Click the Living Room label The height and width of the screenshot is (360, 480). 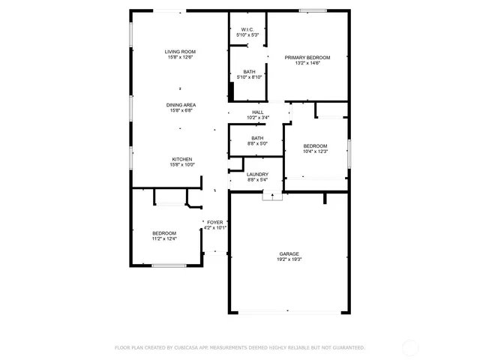pyautogui.click(x=180, y=52)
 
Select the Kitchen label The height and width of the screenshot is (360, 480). pyautogui.click(x=182, y=159)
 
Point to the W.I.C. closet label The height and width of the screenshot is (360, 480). pyautogui.click(x=247, y=30)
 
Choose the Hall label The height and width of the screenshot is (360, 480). pyautogui.click(x=258, y=112)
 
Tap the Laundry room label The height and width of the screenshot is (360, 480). pyautogui.click(x=257, y=175)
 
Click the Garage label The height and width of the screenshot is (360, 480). pyautogui.click(x=289, y=253)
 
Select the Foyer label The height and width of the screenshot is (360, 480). pyautogui.click(x=215, y=222)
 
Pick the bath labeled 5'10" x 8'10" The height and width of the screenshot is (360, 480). pyautogui.click(x=248, y=72)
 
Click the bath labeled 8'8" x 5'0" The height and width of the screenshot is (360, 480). pyautogui.click(x=257, y=138)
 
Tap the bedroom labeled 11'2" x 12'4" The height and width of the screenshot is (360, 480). pyautogui.click(x=163, y=233)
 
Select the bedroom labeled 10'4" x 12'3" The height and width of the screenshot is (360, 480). pyautogui.click(x=315, y=145)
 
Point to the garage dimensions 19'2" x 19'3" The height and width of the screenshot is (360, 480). pyautogui.click(x=289, y=259)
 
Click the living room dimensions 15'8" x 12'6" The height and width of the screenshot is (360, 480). pyautogui.click(x=180, y=57)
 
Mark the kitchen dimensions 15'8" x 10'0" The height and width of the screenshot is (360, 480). pyautogui.click(x=182, y=164)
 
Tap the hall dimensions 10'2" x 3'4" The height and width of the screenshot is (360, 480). pyautogui.click(x=258, y=118)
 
